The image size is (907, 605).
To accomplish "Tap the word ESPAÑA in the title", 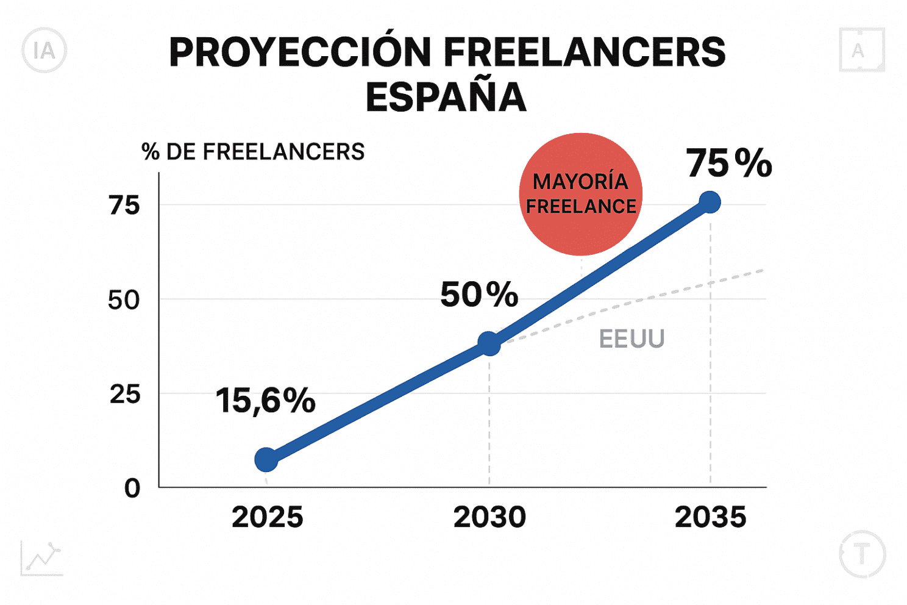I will (x=446, y=97).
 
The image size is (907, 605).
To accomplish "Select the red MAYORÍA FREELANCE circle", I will (x=580, y=194).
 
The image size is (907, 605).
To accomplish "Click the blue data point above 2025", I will (x=266, y=459).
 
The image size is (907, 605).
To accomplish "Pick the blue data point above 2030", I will (x=489, y=343).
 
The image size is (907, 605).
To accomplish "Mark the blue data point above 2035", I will (x=710, y=202).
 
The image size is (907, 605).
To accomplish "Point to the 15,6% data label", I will (x=265, y=401).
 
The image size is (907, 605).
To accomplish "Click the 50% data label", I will (x=479, y=295).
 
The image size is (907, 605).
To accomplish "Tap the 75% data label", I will (x=729, y=163).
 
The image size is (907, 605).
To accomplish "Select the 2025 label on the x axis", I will (x=267, y=517).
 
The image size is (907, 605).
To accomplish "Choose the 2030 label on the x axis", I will (x=489, y=517).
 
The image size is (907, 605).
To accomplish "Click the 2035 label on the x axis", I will (x=710, y=517).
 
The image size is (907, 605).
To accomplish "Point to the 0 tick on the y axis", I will (x=132, y=488).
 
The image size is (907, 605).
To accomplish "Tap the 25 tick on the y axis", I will (x=125, y=394).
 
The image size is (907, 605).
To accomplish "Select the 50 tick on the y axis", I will (x=124, y=299).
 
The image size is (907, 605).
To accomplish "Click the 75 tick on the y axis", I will (x=124, y=206).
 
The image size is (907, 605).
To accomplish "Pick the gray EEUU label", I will (x=631, y=338).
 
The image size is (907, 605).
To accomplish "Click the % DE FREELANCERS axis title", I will (x=253, y=151).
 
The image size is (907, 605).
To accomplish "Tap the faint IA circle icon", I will (x=44, y=51).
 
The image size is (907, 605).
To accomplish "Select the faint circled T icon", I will (x=862, y=554).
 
